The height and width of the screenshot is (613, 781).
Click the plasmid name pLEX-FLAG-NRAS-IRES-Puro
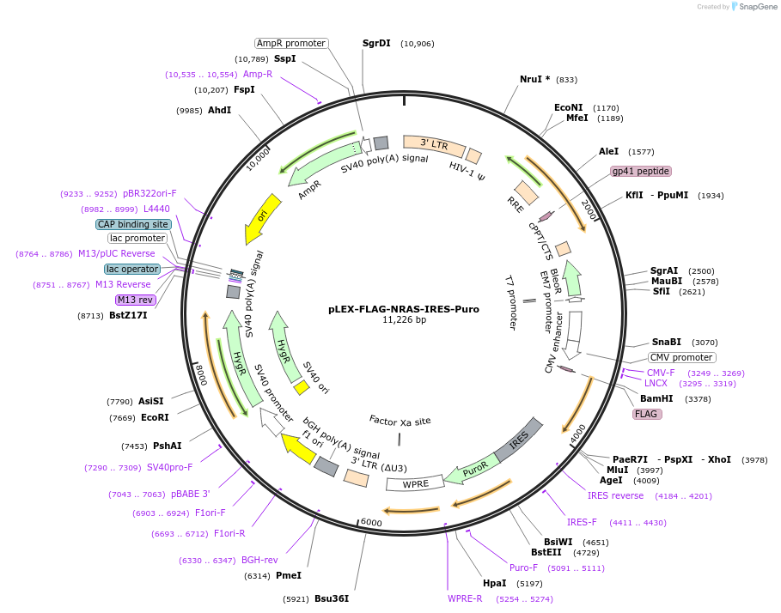(404, 309)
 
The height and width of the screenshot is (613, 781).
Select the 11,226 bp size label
(404, 320)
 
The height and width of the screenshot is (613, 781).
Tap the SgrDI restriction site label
(376, 43)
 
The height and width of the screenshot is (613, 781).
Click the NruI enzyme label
(534, 79)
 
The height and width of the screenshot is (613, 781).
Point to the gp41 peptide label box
(640, 171)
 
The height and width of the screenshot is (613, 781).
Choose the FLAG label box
(646, 414)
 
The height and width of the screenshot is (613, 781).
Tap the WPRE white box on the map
(415, 484)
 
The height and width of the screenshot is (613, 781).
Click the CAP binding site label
(133, 224)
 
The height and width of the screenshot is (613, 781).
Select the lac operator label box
(133, 269)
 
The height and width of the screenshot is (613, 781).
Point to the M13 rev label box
(136, 300)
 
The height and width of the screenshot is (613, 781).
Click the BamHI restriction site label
(656, 398)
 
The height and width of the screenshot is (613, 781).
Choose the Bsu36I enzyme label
(331, 598)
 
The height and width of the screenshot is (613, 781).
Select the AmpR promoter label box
(291, 43)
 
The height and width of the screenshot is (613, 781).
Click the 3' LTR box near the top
(434, 145)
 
